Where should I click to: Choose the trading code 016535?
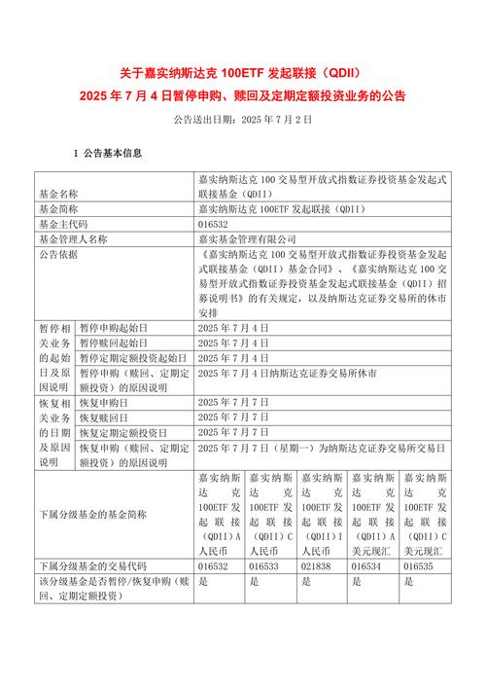tap(419, 565)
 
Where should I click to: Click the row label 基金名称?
tap(58, 194)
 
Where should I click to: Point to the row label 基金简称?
tap(58, 208)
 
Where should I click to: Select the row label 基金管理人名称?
tap(73, 237)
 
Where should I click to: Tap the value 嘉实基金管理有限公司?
tap(244, 237)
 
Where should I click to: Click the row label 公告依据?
tap(58, 253)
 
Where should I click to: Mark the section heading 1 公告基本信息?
tap(107, 153)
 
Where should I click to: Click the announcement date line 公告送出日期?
tap(242, 119)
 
